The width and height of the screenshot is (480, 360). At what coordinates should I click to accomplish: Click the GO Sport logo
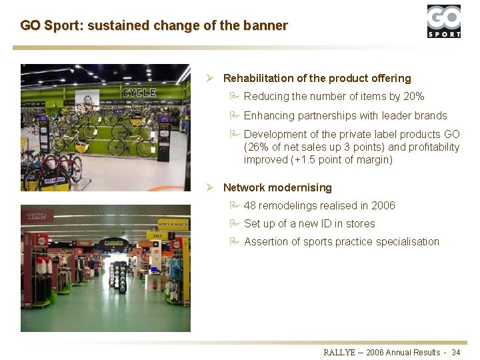pos(443,21)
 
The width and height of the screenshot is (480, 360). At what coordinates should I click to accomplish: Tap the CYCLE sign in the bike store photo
pos(139,93)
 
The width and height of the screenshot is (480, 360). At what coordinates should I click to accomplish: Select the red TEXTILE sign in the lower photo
pos(37,216)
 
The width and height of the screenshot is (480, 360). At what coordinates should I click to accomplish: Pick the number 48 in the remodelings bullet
pos(250,206)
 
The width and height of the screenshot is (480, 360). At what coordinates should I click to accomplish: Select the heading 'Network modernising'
pos(277,188)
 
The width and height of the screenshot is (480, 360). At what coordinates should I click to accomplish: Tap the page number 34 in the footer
pos(456,352)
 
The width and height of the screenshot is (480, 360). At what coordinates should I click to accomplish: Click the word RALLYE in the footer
pos(341,352)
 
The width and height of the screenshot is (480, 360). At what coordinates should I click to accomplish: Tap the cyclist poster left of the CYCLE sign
pos(87,100)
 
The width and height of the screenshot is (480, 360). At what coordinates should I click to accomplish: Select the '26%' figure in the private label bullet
pos(256,147)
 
